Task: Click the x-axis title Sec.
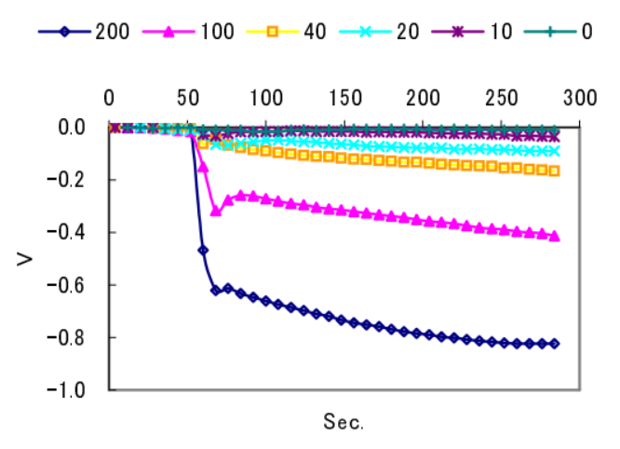pos(344,422)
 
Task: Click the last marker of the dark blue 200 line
pos(555,344)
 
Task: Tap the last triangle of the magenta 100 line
pos(555,237)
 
